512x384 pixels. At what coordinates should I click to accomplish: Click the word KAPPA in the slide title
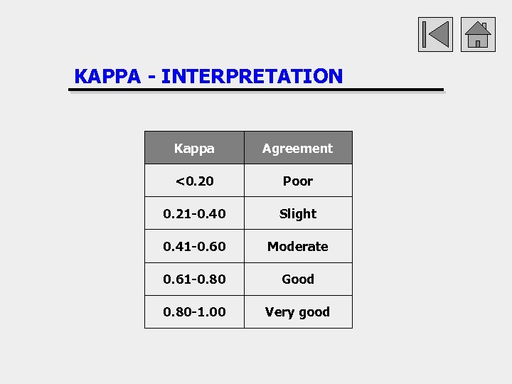click(x=107, y=76)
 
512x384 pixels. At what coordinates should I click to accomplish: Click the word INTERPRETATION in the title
click(x=252, y=76)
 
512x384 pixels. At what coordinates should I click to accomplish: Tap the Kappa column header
click(x=194, y=148)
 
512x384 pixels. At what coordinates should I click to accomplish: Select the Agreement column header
click(x=297, y=148)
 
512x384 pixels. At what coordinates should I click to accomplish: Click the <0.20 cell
click(x=194, y=181)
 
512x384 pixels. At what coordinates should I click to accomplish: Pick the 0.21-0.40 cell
click(x=194, y=213)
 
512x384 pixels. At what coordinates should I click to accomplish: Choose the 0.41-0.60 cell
click(x=194, y=246)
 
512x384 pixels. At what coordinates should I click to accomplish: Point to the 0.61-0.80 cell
click(x=194, y=279)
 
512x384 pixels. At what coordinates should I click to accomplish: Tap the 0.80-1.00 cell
click(x=194, y=311)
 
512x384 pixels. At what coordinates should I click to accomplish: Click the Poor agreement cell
click(x=297, y=181)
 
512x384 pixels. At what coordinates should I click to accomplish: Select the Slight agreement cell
click(x=297, y=213)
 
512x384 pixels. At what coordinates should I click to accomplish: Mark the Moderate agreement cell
click(x=297, y=246)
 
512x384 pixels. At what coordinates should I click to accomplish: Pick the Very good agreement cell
click(x=297, y=311)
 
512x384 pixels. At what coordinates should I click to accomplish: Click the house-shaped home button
click(x=478, y=34)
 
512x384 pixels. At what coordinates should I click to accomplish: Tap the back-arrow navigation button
click(x=435, y=34)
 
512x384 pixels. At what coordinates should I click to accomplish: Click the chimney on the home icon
click(x=484, y=26)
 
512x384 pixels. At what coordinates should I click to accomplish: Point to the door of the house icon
click(x=478, y=43)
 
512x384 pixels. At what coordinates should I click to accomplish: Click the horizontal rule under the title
click(x=256, y=90)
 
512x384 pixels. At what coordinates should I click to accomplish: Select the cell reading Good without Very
click(x=297, y=279)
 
